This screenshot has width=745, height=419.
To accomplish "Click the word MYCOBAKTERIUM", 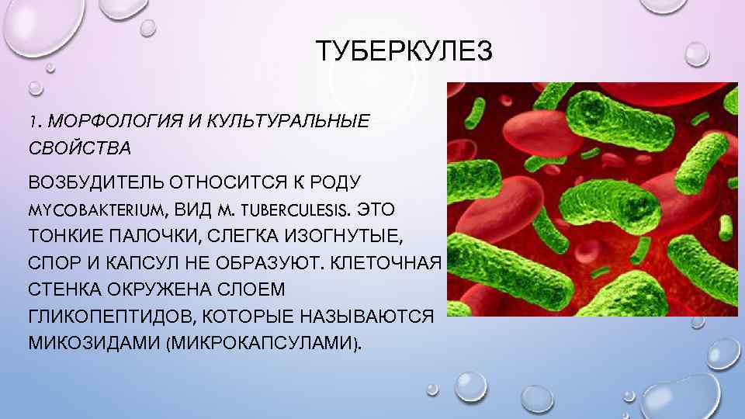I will point(96,210).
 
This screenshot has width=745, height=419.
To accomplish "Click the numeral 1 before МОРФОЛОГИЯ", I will point(33,123).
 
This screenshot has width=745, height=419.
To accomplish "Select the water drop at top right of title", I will point(696,52).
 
